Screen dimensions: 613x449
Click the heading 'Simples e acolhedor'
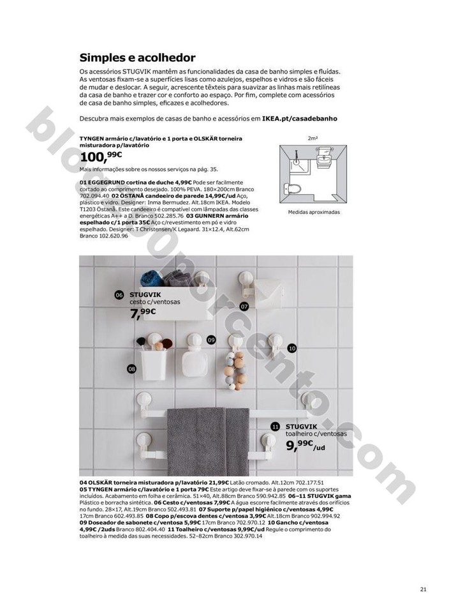[137, 57]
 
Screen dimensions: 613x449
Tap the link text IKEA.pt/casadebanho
[299, 118]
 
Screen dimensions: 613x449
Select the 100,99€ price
[101, 157]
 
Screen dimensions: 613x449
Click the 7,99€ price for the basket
[143, 313]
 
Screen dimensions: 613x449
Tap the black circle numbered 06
[119, 295]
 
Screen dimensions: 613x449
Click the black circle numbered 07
[244, 306]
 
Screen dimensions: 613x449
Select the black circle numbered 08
[131, 369]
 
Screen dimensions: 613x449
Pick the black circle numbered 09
[210, 340]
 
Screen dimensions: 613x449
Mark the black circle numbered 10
[291, 349]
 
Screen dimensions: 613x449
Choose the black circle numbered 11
[275, 426]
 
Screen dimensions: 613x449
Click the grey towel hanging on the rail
[205, 437]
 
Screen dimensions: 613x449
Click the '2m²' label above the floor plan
[313, 137]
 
